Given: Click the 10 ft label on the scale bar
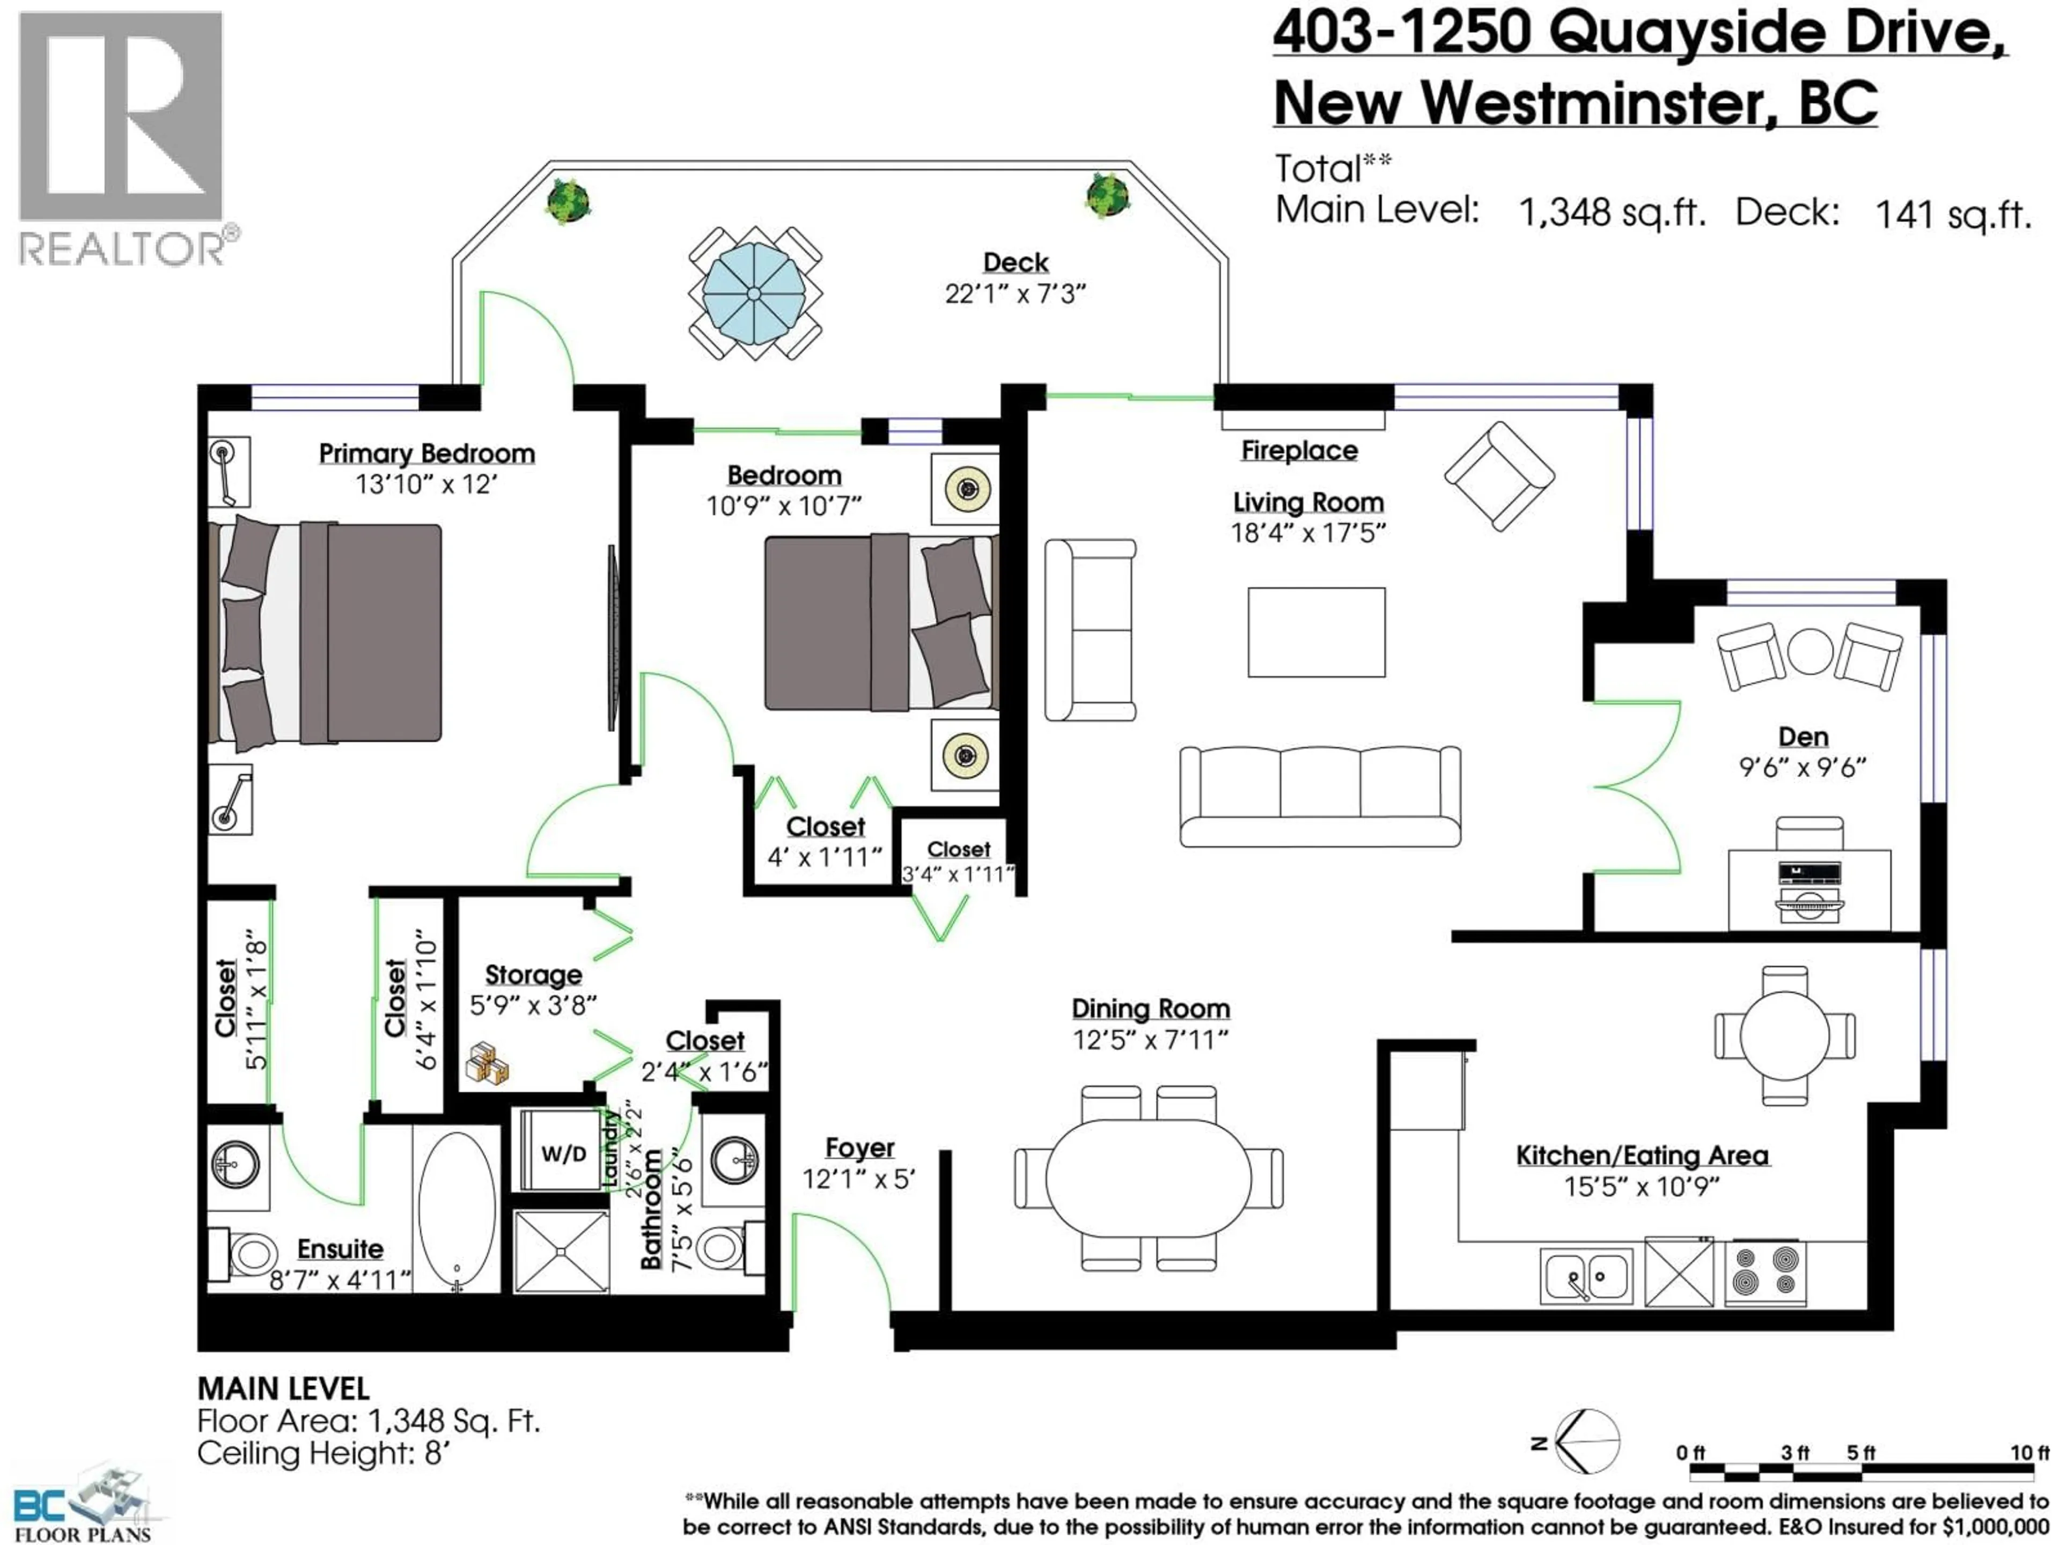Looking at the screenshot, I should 2028,1453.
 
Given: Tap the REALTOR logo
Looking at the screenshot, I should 121,139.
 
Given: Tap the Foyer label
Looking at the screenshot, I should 859,1148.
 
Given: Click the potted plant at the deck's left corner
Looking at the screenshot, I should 568,200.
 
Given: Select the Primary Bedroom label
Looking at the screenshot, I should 426,453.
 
